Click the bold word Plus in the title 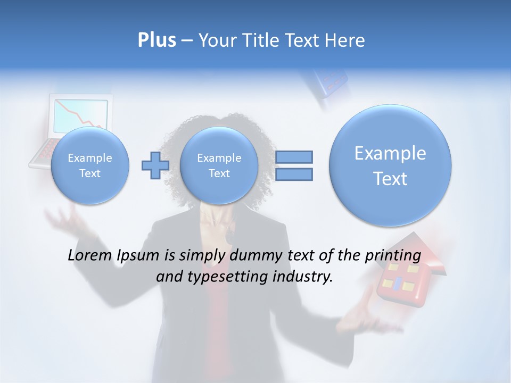click(156, 40)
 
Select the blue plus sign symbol click(155, 165)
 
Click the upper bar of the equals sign click(293, 157)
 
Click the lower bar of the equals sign click(293, 174)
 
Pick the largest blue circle click(390, 165)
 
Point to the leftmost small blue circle click(90, 165)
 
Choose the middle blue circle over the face click(219, 165)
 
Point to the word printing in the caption click(393, 255)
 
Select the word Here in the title click(345, 40)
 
